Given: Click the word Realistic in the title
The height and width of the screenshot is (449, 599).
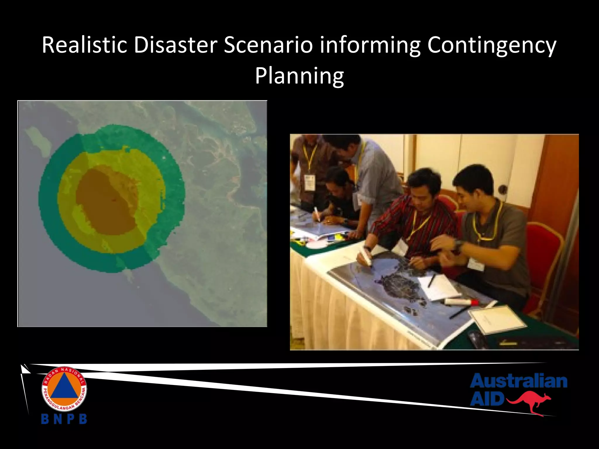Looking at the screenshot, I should click(85, 45).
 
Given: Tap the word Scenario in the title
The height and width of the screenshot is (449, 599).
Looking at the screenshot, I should click(268, 45).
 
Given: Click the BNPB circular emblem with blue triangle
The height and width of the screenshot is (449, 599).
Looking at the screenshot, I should click(64, 389).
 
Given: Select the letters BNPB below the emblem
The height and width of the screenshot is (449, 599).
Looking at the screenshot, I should click(64, 419).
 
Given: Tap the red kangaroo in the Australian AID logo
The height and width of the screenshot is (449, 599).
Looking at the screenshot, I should click(529, 403).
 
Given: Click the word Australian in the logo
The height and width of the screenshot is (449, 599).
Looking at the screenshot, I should click(519, 381).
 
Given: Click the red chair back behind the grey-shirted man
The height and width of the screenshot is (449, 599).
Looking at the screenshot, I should click(544, 251).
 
